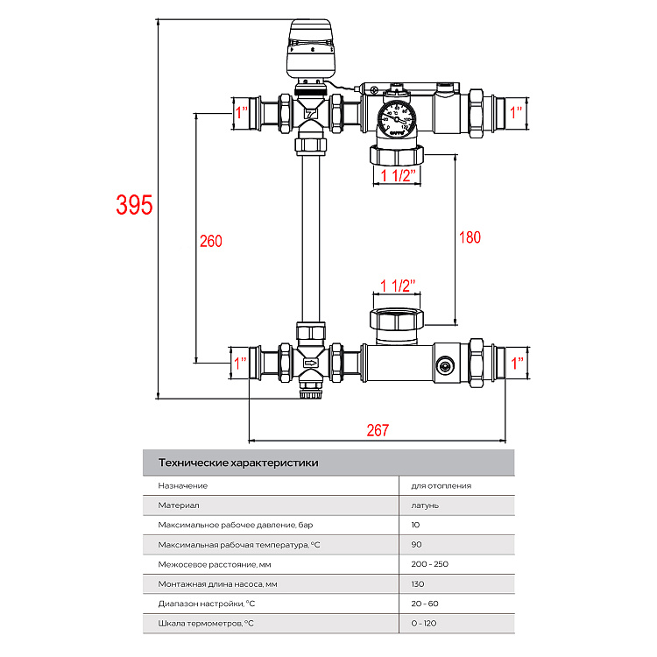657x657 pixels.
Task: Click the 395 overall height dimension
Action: point(135,204)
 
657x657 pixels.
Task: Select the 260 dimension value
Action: point(211,242)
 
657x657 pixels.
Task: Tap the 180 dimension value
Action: point(470,237)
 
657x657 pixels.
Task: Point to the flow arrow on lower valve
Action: point(311,362)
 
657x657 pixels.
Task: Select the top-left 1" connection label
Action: point(242,112)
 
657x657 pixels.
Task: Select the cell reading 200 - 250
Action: point(429,563)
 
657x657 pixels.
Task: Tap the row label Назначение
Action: point(182,485)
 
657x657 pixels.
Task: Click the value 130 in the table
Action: point(417,583)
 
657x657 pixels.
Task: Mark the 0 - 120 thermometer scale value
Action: point(424,623)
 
